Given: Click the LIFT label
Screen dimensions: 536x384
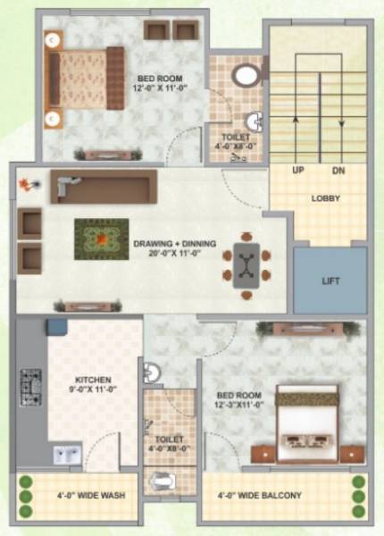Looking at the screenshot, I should click(x=330, y=281).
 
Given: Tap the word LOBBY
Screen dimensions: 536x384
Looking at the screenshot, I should click(x=325, y=197).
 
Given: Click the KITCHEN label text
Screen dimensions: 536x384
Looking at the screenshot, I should click(x=92, y=378).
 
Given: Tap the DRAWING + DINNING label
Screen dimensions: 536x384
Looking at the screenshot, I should click(x=171, y=243).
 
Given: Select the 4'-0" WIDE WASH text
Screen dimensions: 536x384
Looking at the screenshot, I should click(x=79, y=495).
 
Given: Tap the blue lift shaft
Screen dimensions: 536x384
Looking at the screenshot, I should click(x=330, y=281).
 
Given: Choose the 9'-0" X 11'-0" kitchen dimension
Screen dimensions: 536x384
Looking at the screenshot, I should click(x=92, y=389).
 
